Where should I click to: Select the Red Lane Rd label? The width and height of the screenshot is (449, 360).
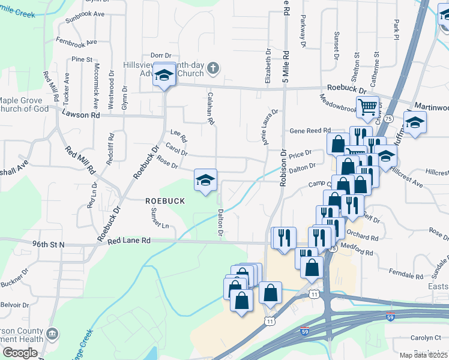point(128,241)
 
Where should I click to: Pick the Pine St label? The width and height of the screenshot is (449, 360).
point(82,59)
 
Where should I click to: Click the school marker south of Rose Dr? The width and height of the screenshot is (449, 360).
point(205,179)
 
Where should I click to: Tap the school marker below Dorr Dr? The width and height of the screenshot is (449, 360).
point(163,75)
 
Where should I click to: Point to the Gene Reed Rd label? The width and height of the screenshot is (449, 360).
point(310,130)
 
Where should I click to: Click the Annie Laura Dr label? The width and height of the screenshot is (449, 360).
point(267,123)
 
